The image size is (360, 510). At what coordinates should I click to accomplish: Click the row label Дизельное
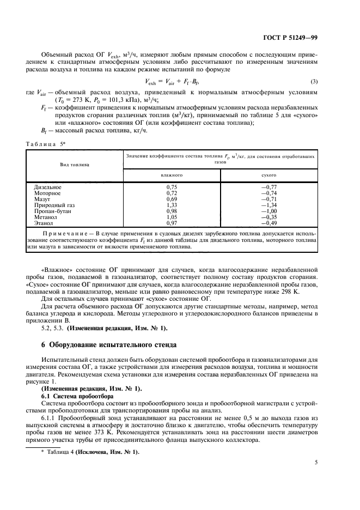pyautogui.click(x=48, y=187)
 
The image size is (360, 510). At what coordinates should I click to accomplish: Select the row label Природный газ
pyautogui.click(x=52, y=205)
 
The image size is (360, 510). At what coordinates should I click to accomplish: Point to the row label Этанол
pyautogui.click(x=44, y=223)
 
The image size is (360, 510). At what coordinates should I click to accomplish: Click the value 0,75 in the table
pyautogui.click(x=172, y=187)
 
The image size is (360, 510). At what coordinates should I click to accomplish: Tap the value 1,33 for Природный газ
pyautogui.click(x=172, y=205)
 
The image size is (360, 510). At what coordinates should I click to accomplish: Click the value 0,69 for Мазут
pyautogui.click(x=172, y=199)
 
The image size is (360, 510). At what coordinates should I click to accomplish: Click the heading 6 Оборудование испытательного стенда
pyautogui.click(x=108, y=345)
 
